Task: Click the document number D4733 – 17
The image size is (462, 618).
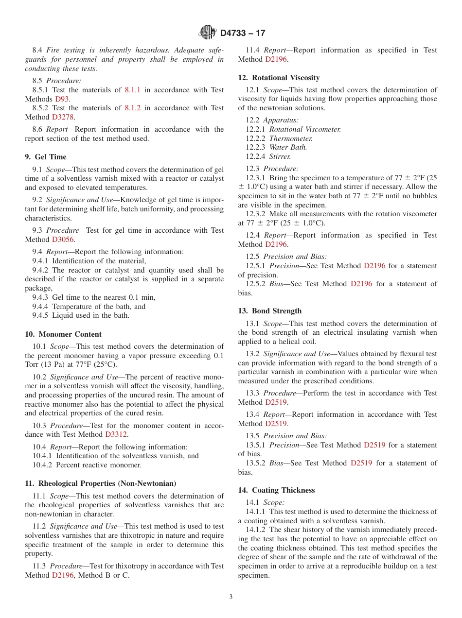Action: point(243,33)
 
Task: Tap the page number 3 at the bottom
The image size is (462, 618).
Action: point(231,597)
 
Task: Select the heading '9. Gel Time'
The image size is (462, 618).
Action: point(46,157)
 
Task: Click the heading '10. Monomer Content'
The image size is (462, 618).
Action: point(63,334)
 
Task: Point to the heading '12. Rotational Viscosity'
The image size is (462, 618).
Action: point(279,78)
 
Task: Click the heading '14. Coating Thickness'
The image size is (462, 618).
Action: point(276,490)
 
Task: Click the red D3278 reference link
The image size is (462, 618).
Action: point(63,117)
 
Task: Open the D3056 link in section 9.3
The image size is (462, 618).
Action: point(63,240)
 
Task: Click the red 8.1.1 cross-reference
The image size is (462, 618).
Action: point(132,90)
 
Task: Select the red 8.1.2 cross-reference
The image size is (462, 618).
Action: point(132,108)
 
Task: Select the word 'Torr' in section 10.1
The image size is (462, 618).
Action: point(33,365)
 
